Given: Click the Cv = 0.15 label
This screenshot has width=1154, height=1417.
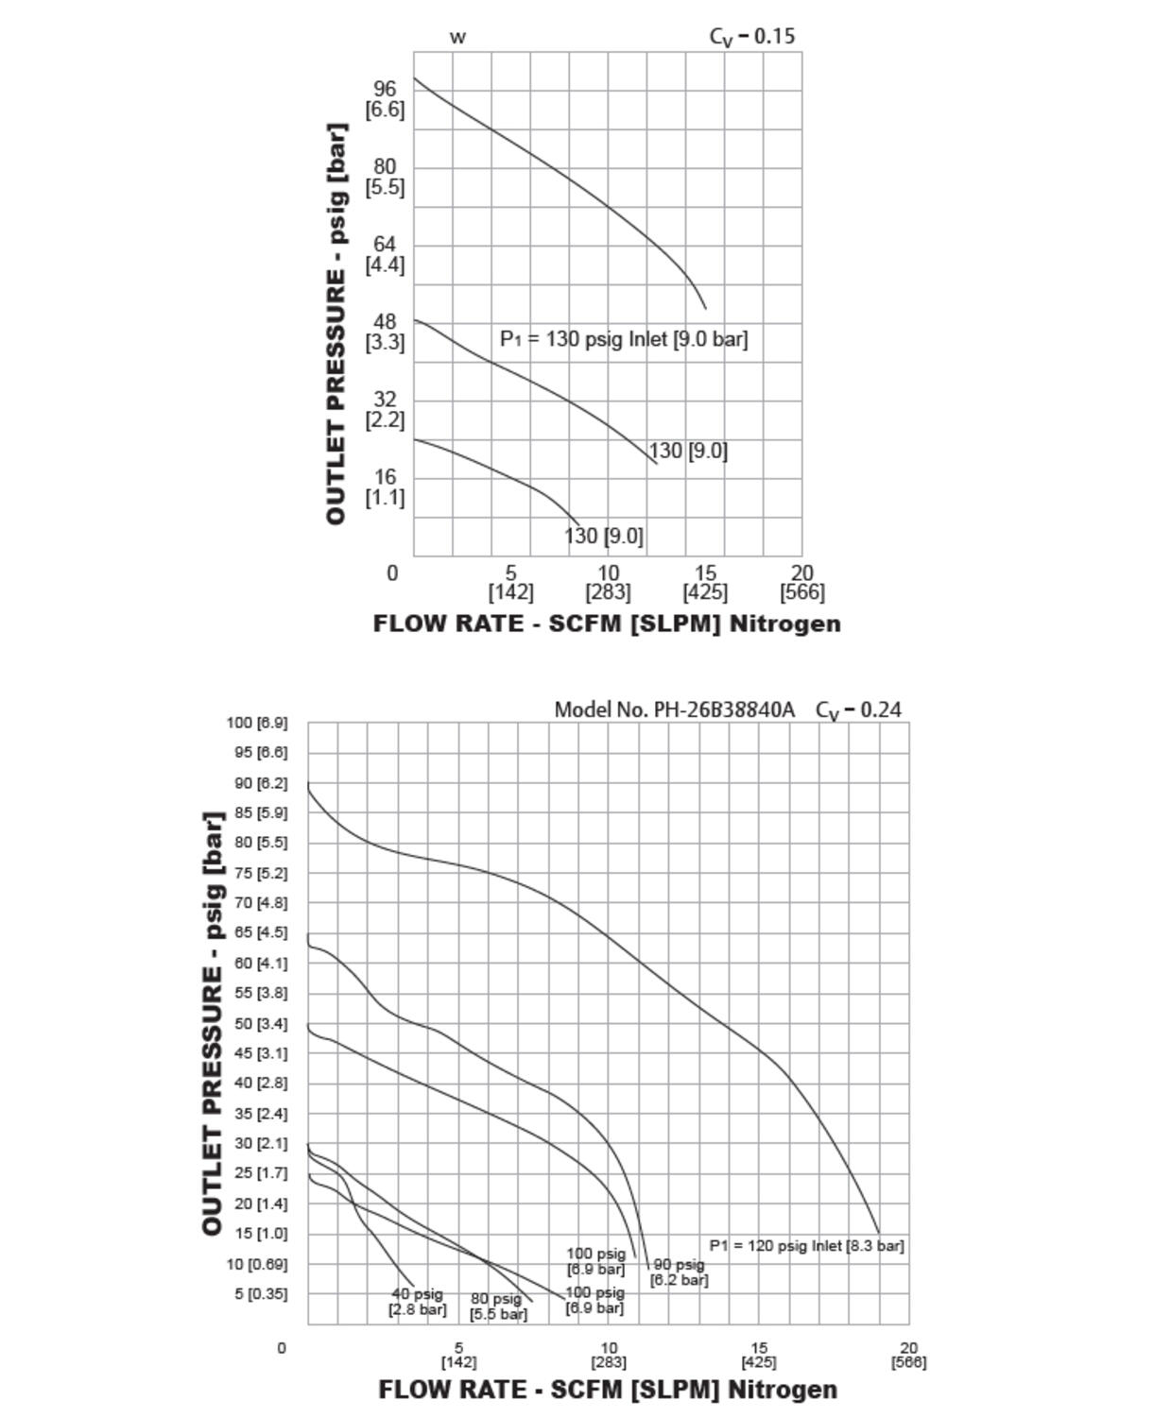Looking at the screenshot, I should pyautogui.click(x=752, y=37).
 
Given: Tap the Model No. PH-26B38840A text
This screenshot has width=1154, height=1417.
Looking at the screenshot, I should pyautogui.click(x=674, y=709).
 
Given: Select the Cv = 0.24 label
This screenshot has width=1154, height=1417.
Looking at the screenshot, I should pyautogui.click(x=858, y=709).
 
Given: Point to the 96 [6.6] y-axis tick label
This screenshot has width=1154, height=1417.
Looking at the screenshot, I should pyautogui.click(x=386, y=99).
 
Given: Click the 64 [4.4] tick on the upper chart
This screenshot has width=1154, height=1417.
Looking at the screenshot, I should pyautogui.click(x=386, y=255).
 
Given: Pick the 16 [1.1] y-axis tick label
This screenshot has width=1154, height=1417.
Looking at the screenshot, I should pyautogui.click(x=386, y=487).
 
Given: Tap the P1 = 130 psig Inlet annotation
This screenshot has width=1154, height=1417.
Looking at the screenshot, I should pyautogui.click(x=624, y=339).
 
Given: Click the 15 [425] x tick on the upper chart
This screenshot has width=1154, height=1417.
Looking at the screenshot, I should pyautogui.click(x=705, y=583).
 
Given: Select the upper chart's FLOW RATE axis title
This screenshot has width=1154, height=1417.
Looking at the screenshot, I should pyautogui.click(x=607, y=623).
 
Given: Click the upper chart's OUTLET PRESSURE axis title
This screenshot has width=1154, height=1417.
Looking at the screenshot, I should pyautogui.click(x=336, y=324).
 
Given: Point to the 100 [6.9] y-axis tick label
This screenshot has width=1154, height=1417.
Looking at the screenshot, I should pyautogui.click(x=257, y=723).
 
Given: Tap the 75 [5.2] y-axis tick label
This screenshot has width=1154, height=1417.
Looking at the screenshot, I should pyautogui.click(x=257, y=873).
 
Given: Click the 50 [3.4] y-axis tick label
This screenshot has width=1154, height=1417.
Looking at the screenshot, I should pyautogui.click(x=257, y=1023).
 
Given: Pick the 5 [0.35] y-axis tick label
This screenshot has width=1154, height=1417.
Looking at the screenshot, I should pyautogui.click(x=261, y=1293).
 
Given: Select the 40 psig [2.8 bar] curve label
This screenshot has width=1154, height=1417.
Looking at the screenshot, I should pyautogui.click(x=417, y=1302).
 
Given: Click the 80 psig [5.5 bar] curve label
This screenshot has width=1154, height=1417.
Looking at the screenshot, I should pyautogui.click(x=497, y=1306).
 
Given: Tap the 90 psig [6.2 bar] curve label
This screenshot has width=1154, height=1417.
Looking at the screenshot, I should pyautogui.click(x=679, y=1272).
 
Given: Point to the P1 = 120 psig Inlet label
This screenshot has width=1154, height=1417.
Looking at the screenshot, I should pyautogui.click(x=806, y=1246).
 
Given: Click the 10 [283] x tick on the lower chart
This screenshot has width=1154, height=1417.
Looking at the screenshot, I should pyautogui.click(x=609, y=1355).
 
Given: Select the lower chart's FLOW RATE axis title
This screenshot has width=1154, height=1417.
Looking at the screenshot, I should pyautogui.click(x=608, y=1390).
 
